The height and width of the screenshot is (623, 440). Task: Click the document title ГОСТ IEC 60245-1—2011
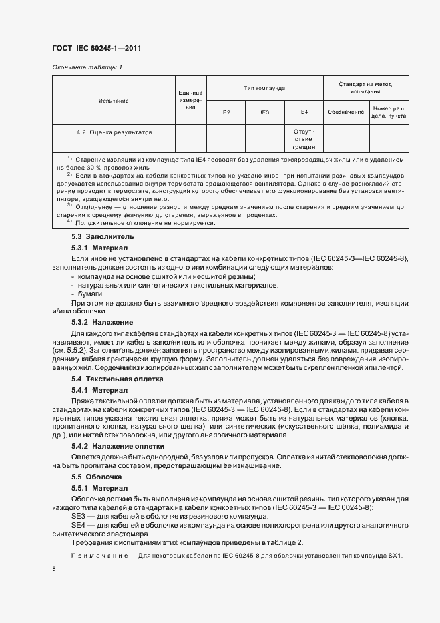tap(97, 49)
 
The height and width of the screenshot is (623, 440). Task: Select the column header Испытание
tap(113, 101)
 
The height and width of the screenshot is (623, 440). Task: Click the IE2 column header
tap(226, 112)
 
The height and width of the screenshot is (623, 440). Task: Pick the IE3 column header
tap(264, 112)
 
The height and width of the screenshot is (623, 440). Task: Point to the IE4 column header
tap(303, 112)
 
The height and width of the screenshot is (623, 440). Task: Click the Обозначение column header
tap(346, 112)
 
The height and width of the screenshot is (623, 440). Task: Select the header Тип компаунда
tap(264, 88)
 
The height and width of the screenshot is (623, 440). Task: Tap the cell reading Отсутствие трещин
tap(303, 139)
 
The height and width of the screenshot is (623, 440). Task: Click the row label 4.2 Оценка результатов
tap(114, 132)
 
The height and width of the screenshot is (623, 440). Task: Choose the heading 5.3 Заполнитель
tap(93, 236)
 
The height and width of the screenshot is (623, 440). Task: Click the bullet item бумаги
tap(91, 294)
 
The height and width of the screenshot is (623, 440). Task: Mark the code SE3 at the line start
tap(78, 517)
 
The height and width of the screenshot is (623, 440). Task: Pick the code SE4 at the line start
tap(78, 525)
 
